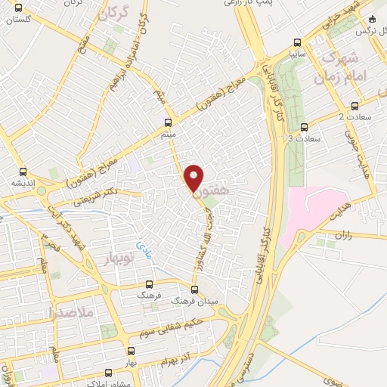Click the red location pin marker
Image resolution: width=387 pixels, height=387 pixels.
[193, 178]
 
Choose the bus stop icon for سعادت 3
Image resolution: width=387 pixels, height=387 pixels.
[304, 126]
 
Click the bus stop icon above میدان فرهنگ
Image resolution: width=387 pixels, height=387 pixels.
[194, 289]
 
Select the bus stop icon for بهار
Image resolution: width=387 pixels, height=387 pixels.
[132, 351]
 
